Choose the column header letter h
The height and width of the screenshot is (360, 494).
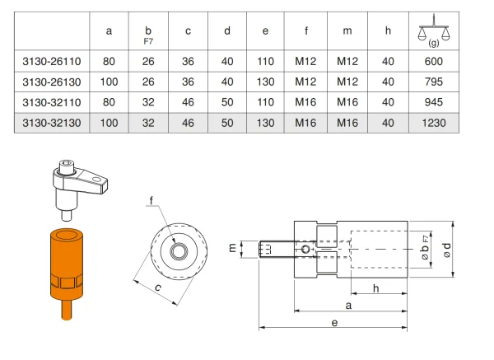387,31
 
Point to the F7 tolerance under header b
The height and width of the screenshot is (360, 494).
148,38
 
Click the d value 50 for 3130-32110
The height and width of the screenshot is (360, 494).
226,102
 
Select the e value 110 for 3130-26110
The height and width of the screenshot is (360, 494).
265,62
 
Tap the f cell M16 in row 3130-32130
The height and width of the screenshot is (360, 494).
305,123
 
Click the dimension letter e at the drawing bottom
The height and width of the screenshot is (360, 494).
335,323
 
